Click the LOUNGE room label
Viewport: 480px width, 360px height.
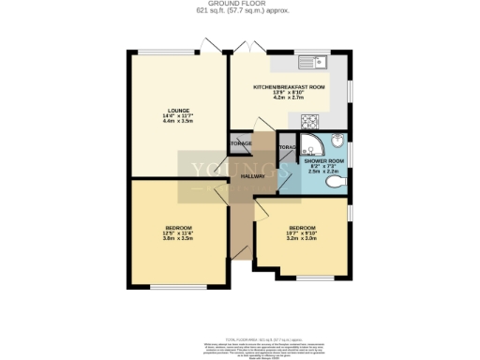coord(177,110)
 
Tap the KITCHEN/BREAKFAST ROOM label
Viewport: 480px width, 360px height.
coord(289,86)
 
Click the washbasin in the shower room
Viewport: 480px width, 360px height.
coord(339,148)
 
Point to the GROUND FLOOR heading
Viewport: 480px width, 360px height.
coord(239,5)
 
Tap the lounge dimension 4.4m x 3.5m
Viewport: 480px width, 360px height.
coord(177,122)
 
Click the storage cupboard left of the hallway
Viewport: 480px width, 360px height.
coord(241,142)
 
